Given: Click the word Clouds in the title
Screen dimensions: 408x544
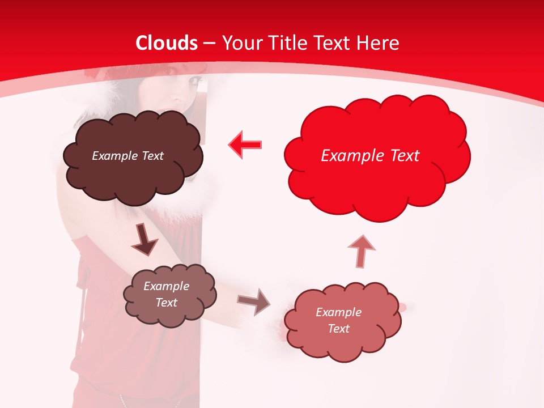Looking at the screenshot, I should point(167,43).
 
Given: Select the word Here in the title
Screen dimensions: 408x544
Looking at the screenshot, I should point(379,43).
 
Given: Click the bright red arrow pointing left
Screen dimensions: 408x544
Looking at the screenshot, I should point(245,144).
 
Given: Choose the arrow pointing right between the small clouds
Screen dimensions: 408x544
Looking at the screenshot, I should point(253,301).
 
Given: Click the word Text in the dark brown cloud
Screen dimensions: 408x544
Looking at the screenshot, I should point(151,156).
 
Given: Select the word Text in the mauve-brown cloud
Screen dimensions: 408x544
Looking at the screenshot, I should point(167,303).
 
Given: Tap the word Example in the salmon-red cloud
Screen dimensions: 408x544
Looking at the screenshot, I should point(338,312).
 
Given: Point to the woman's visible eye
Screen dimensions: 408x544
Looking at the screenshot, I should point(194,82).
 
